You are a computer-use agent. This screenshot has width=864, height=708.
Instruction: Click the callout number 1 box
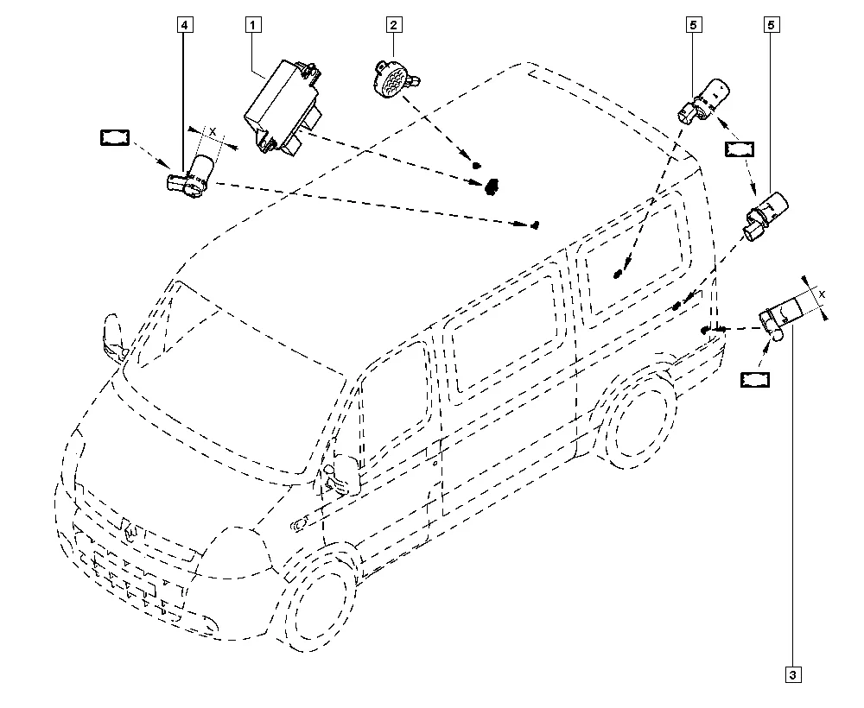tap(253, 25)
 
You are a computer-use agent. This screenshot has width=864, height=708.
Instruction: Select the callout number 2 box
tap(393, 25)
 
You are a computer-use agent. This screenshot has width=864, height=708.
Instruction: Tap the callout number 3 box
tap(793, 675)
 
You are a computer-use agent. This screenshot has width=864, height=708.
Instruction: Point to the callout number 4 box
tap(185, 25)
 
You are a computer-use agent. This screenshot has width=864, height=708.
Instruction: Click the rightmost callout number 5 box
tap(771, 25)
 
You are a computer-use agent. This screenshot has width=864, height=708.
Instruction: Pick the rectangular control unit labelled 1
tap(283, 106)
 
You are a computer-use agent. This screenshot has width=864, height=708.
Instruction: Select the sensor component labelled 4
tap(191, 175)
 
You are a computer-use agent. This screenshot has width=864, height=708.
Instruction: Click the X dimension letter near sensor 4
tap(213, 132)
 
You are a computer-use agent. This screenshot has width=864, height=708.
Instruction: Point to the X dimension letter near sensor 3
tap(823, 294)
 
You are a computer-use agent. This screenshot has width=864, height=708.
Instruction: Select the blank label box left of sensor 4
tap(115, 137)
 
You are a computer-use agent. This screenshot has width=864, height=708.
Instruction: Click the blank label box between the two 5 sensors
tap(740, 149)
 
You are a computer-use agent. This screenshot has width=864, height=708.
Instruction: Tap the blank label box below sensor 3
tap(755, 380)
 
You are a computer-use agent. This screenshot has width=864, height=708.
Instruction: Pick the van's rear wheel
tap(639, 418)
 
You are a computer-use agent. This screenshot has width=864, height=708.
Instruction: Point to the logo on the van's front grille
tap(131, 532)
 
